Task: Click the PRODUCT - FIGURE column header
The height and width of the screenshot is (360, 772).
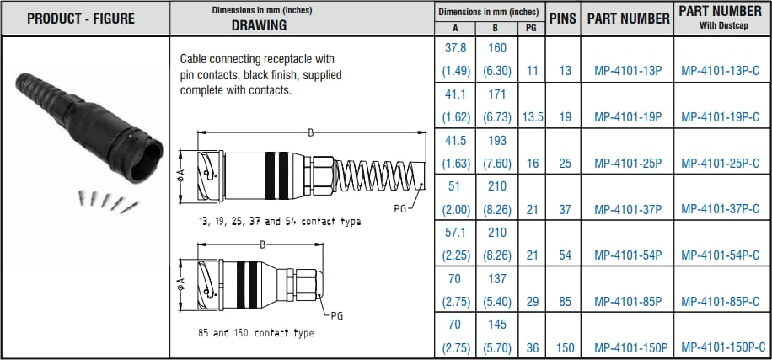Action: pos(85,18)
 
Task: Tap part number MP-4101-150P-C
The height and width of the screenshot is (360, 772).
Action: pos(723,347)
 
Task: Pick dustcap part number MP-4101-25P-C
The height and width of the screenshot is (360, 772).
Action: pos(723,163)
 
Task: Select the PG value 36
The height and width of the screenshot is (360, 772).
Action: pos(532,347)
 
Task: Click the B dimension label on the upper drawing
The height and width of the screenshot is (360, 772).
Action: pos(311,132)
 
